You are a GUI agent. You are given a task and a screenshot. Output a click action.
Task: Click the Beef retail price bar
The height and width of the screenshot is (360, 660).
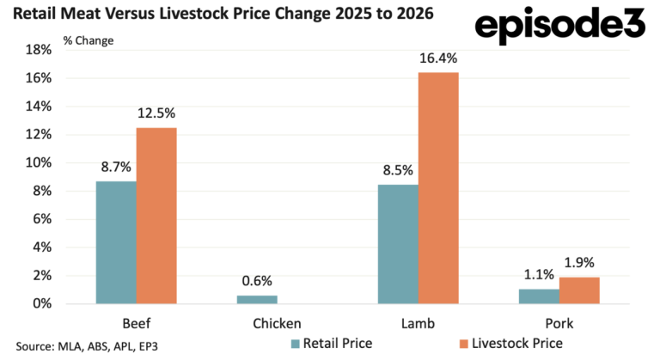[116, 242]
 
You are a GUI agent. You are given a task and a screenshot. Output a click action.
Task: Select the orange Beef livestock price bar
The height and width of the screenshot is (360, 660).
[156, 216]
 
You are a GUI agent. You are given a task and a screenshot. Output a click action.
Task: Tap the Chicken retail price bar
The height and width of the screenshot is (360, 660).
[257, 299]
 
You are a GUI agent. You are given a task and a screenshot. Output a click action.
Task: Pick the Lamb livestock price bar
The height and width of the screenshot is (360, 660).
[438, 188]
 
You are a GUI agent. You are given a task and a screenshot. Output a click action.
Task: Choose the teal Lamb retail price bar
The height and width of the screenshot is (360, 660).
[398, 244]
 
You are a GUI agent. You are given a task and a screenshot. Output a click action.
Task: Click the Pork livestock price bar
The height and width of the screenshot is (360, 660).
[579, 290]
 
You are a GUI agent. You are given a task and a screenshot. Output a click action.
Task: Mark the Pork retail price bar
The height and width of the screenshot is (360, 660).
[539, 296]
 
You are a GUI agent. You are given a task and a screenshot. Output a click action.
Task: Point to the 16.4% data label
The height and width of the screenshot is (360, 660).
[438, 58]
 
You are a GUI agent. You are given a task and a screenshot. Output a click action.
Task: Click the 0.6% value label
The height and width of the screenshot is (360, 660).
[257, 281]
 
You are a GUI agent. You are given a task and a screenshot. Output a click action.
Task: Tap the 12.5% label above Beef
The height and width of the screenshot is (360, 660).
[156, 113]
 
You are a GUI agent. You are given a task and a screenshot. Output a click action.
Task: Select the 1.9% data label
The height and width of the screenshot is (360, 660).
[579, 263]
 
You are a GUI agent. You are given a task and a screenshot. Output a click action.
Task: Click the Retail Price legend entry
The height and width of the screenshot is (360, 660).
[332, 344]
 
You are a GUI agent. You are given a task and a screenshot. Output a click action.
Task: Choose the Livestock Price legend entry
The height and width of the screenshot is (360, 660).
[511, 344]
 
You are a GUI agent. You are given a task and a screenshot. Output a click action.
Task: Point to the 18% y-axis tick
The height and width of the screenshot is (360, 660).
[39, 50]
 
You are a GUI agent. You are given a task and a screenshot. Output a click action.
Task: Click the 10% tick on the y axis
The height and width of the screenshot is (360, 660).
[39, 163]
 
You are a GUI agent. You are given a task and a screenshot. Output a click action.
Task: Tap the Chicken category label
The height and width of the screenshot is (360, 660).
[277, 323]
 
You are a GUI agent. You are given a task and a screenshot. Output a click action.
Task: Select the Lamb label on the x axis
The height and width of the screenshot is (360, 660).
[418, 323]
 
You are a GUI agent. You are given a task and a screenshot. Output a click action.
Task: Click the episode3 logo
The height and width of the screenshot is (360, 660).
[560, 25]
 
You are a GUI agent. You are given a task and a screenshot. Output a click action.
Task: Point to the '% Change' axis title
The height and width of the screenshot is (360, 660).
[89, 40]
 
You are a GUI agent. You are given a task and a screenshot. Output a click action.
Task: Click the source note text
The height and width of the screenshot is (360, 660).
[87, 346]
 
